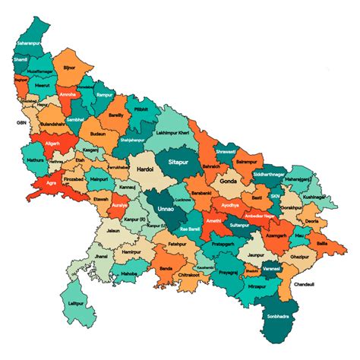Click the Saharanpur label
(30, 45)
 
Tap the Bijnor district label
(68, 68)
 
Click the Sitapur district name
(180, 162)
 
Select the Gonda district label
(229, 182)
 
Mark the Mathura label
(35, 160)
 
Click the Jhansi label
(101, 257)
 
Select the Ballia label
(321, 242)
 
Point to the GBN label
(21, 122)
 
